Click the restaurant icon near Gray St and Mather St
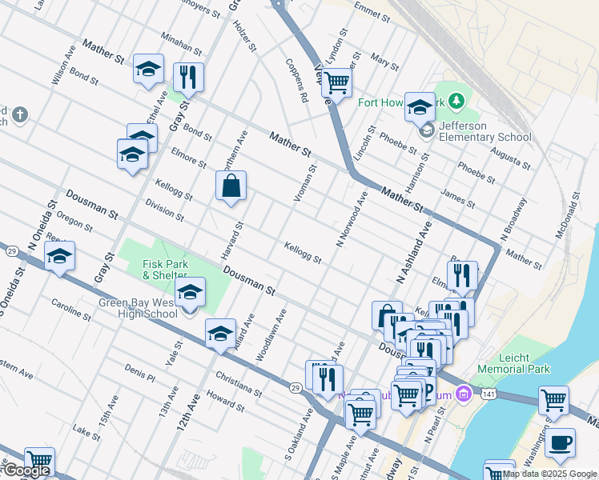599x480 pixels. [188, 78]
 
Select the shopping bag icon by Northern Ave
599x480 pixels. [231, 186]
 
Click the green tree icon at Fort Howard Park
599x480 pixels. [456, 101]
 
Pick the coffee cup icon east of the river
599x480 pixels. [561, 442]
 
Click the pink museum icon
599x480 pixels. [462, 394]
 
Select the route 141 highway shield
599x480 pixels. [488, 394]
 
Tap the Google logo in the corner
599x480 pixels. [26, 470]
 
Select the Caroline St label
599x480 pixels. [73, 308]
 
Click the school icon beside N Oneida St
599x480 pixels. [59, 257]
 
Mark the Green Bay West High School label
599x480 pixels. [139, 308]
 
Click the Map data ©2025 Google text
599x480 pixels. [549, 474]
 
